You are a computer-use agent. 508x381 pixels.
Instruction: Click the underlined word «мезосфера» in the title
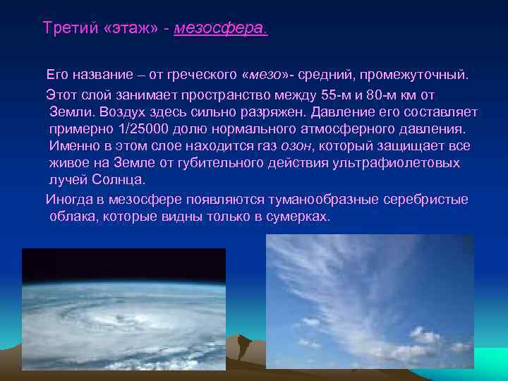click(220, 29)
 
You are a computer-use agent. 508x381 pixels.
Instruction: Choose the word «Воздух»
click(123, 111)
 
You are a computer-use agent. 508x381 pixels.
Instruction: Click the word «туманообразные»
click(327, 200)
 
